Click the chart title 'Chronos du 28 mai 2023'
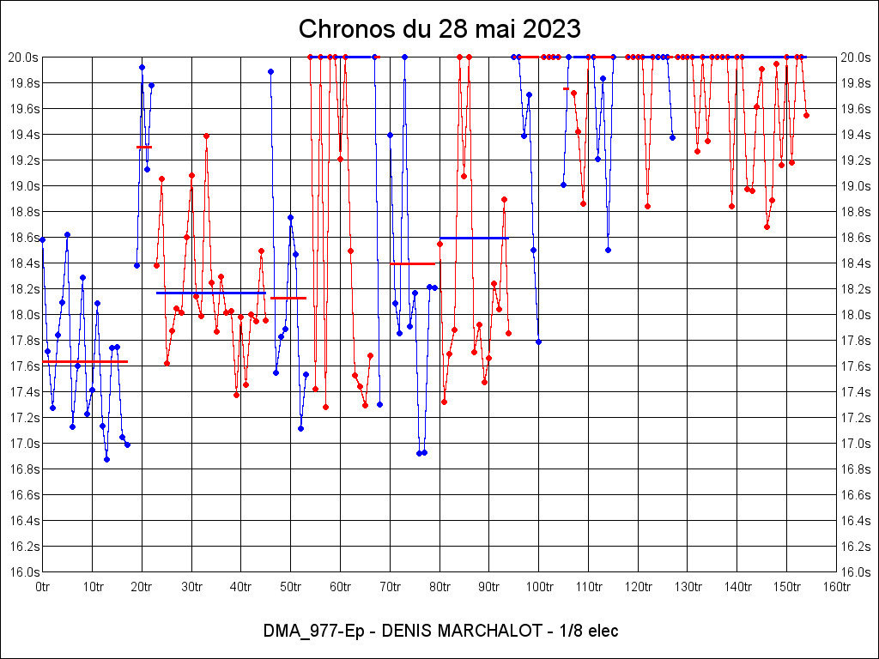[439, 29]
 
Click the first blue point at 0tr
[43, 239]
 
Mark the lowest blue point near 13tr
[106, 459]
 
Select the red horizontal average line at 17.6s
[85, 362]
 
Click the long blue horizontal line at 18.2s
[210, 293]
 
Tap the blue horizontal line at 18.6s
[474, 238]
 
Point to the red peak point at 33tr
[206, 136]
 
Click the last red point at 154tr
[806, 115]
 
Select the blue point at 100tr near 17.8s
[538, 342]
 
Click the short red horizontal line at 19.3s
[144, 147]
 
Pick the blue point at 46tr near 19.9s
[270, 71]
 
